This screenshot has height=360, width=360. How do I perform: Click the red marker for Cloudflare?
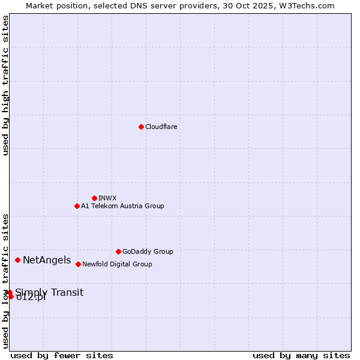pyautogui.click(x=141, y=127)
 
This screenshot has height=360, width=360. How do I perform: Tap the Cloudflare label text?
pyautogui.click(x=161, y=127)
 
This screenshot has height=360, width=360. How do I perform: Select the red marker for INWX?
pyautogui.click(x=94, y=198)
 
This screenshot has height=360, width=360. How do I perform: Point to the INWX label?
pyautogui.click(x=107, y=198)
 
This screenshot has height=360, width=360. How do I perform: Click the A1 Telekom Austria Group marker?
pyautogui.click(x=77, y=206)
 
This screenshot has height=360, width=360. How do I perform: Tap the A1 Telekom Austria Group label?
pyautogui.click(x=122, y=206)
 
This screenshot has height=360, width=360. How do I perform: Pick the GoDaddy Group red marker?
pyautogui.click(x=118, y=251)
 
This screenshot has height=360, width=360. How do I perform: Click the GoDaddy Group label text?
pyautogui.click(x=148, y=251)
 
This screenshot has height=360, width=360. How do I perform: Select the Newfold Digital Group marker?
pyautogui.click(x=78, y=264)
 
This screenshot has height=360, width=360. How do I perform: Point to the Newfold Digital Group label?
pyautogui.click(x=117, y=264)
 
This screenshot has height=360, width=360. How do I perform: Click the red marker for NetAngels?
pyautogui.click(x=18, y=260)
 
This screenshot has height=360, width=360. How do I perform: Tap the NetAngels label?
pyautogui.click(x=47, y=260)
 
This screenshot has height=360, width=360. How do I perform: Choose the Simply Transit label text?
pyautogui.click(x=49, y=292)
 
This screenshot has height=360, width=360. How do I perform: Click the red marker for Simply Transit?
pyautogui.click(x=10, y=293)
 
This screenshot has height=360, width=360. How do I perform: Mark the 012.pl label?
pyautogui.click(x=31, y=298)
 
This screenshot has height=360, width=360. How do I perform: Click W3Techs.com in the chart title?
pyautogui.click(x=306, y=5)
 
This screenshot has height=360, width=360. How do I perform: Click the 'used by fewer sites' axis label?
pyautogui.click(x=62, y=355)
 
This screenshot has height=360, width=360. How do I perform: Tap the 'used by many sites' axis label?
pyautogui.click(x=301, y=355)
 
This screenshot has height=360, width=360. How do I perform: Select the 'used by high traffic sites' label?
pyautogui.click(x=5, y=85)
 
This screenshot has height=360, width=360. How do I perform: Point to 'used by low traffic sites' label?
pyautogui.click(x=5, y=280)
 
